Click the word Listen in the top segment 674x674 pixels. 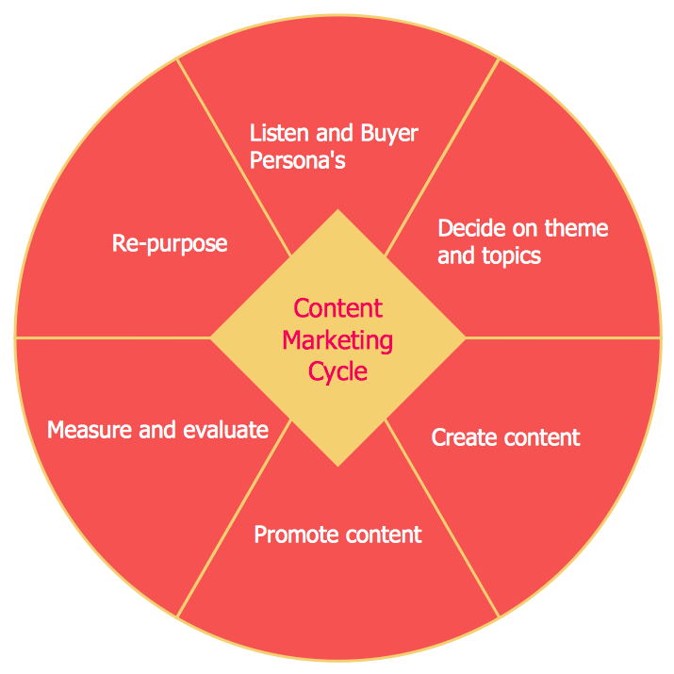275,133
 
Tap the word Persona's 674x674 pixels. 297,160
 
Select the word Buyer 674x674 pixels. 389,133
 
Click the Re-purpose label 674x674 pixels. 170,243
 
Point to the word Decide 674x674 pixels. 469,228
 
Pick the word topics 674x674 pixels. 510,255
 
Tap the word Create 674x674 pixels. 460,437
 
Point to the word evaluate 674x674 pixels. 225,431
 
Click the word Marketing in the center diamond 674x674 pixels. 337,339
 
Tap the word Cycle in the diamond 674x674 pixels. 337,371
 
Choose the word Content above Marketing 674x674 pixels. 337,308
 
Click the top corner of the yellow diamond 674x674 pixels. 337,212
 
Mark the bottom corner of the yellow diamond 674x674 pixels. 337,465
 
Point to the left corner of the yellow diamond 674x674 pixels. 212,337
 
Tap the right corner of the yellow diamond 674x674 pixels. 464,337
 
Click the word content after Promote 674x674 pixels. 381,535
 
